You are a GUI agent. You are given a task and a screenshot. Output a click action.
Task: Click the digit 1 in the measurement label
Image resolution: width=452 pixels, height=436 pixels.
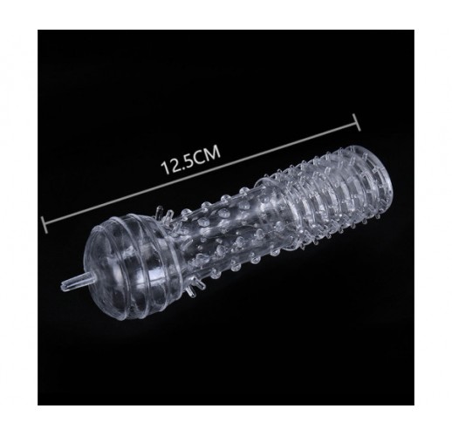tap(165, 167)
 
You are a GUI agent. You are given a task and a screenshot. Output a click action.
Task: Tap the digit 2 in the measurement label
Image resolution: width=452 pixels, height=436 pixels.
tap(174, 165)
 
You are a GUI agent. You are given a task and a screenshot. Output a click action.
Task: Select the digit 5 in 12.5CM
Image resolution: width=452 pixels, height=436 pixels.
tap(188, 160)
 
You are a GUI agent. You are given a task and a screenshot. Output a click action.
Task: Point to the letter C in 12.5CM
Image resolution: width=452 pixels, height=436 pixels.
tap(199, 157)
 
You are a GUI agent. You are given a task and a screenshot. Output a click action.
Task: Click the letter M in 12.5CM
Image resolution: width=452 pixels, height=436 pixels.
tap(213, 153)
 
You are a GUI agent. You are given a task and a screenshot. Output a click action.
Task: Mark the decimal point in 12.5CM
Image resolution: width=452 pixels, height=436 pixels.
tap(181, 167)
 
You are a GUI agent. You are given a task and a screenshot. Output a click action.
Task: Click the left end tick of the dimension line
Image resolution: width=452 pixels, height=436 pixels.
tap(45, 225)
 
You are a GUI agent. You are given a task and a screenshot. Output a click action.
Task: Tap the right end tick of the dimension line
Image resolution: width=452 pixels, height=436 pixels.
tap(356, 122)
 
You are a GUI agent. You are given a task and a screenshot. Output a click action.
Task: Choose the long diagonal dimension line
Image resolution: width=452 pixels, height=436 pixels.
tap(201, 174)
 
